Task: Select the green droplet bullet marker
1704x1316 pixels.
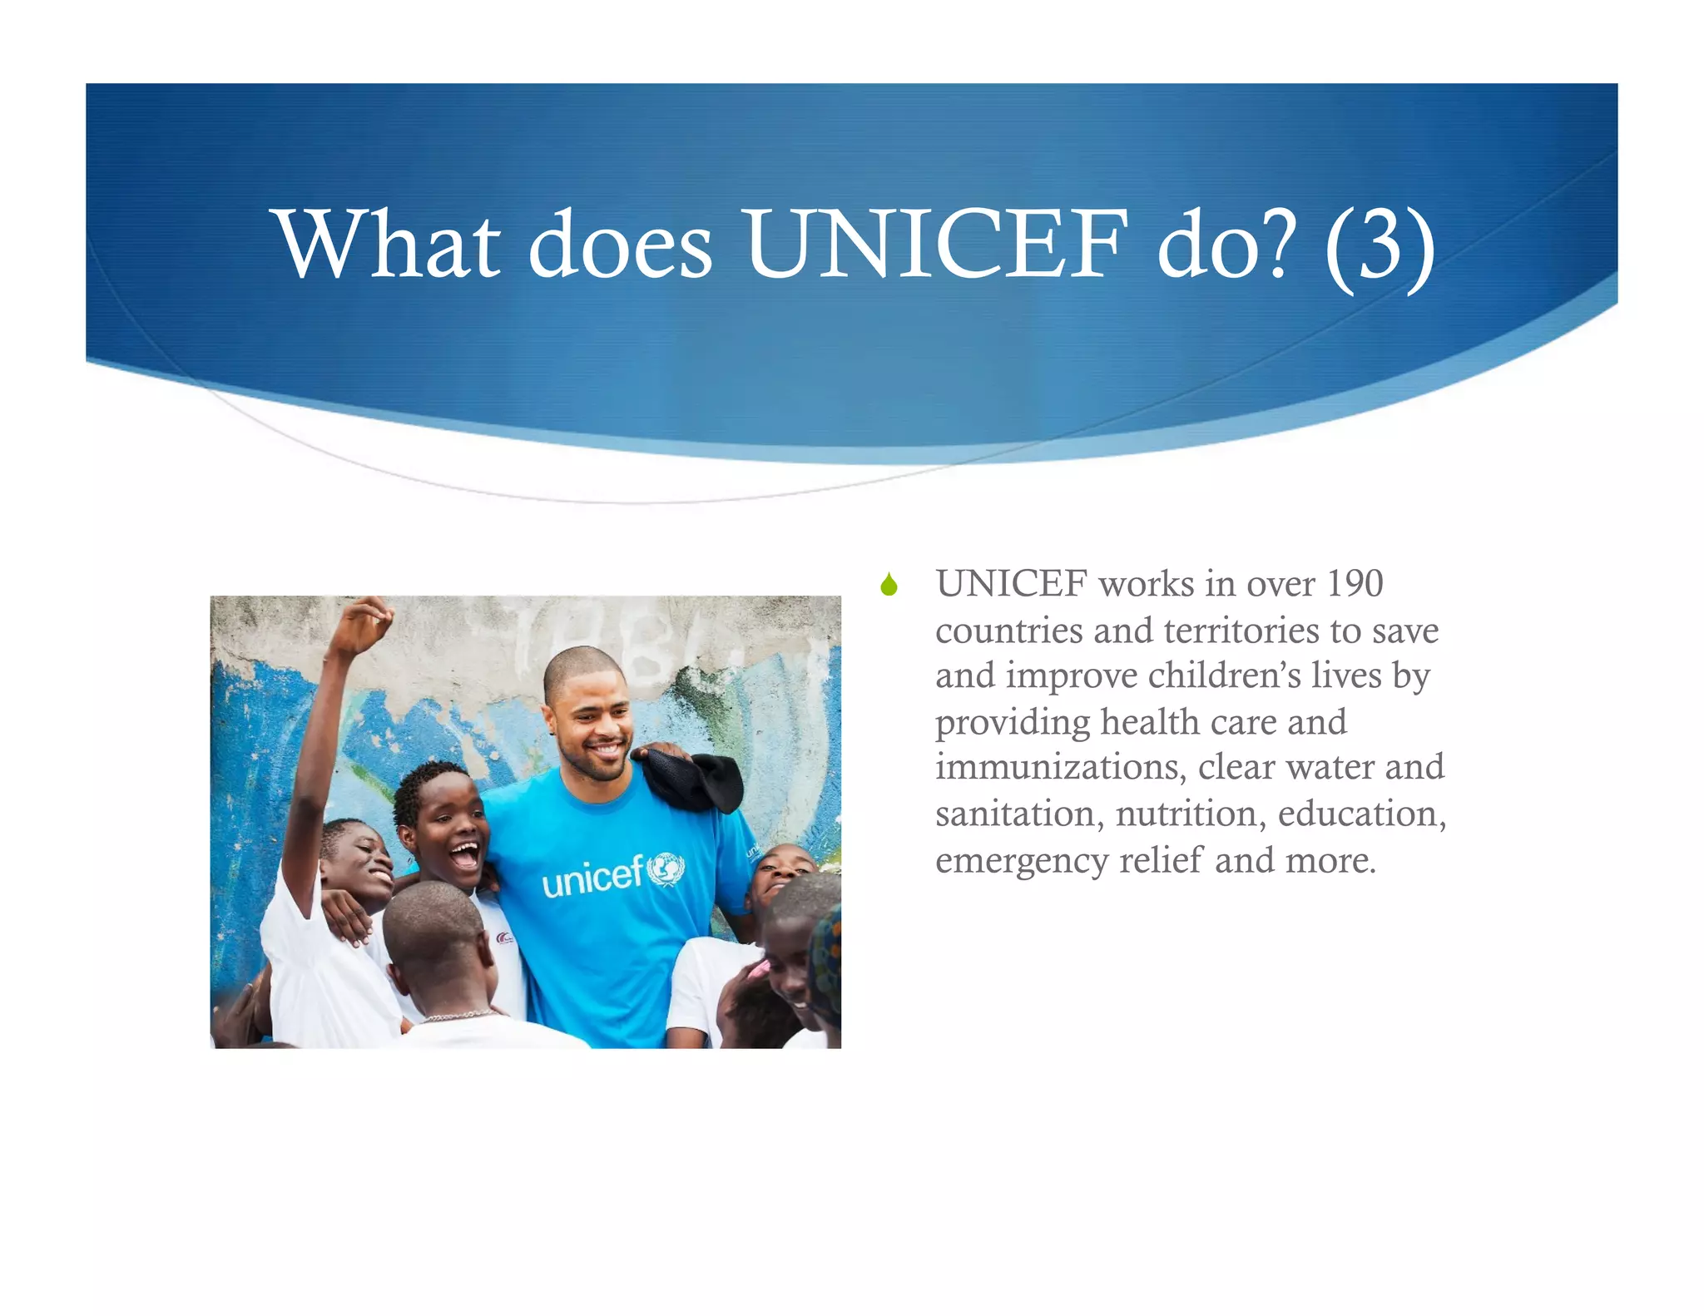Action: (x=889, y=585)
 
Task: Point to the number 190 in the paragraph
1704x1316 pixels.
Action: (x=1355, y=583)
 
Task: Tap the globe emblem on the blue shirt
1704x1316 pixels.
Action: (x=666, y=869)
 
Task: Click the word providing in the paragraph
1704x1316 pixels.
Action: (x=1012, y=722)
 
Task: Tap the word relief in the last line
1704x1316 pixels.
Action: (x=1162, y=860)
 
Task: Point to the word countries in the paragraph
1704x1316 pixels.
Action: (x=1008, y=631)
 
